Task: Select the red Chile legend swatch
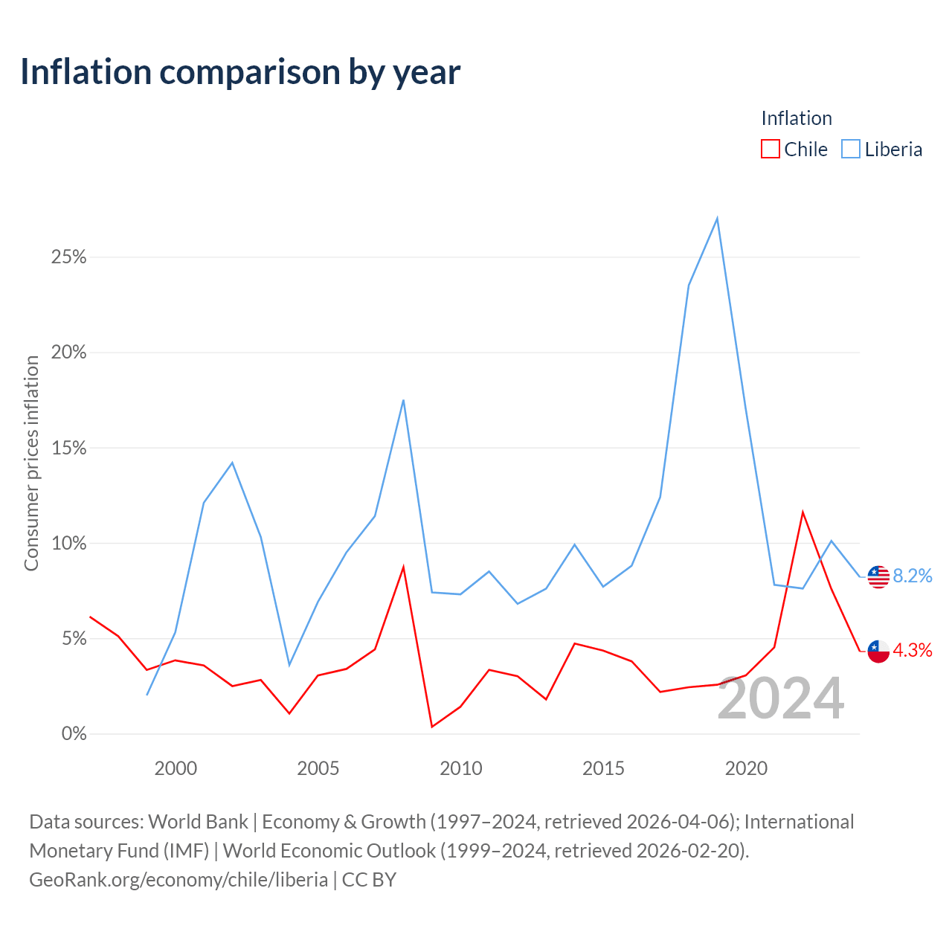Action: point(770,149)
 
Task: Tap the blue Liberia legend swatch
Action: point(850,149)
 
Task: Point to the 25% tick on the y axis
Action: point(68,257)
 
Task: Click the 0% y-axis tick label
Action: point(74,733)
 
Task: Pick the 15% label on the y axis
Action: point(68,448)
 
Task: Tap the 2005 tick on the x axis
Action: point(318,769)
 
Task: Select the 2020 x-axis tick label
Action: point(746,769)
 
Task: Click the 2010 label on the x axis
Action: point(461,769)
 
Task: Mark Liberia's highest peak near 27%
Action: point(717,218)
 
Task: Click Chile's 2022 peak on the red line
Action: point(803,512)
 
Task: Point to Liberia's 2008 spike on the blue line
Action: point(404,400)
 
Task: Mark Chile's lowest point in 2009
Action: point(432,727)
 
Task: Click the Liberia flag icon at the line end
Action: point(878,576)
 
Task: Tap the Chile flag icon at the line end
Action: point(878,652)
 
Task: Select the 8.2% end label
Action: point(913,576)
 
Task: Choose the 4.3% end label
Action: point(913,651)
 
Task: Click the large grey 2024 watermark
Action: point(781,698)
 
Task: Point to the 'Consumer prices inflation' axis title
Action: point(32,463)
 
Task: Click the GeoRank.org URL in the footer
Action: point(178,880)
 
